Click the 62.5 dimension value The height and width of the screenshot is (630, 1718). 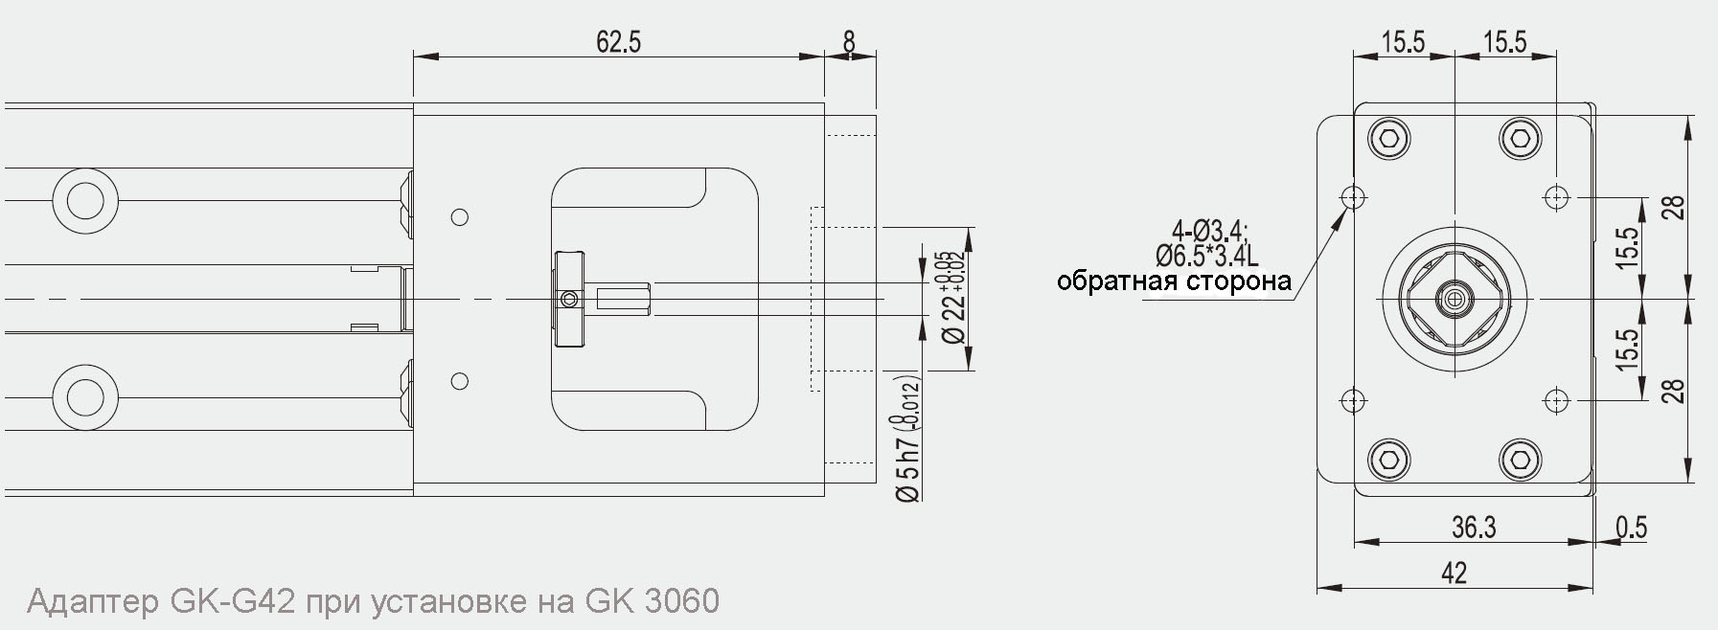[x=618, y=42]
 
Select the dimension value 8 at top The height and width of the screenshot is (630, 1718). [x=849, y=42]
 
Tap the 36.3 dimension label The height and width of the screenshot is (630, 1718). [x=1474, y=528]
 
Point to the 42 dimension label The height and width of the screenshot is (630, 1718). [x=1454, y=574]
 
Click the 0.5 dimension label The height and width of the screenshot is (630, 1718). [x=1631, y=528]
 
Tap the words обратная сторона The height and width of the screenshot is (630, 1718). [x=1174, y=281]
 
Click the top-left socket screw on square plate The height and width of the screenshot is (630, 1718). [x=1389, y=140]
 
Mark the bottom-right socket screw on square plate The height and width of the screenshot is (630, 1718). [x=1520, y=461]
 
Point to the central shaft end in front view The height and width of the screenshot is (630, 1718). [x=1455, y=299]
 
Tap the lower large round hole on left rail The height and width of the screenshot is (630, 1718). [x=85, y=396]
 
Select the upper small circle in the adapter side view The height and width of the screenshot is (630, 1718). [x=459, y=217]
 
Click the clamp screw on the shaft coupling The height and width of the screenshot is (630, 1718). [x=570, y=300]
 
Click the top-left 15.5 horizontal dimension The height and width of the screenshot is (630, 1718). [x=1403, y=42]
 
